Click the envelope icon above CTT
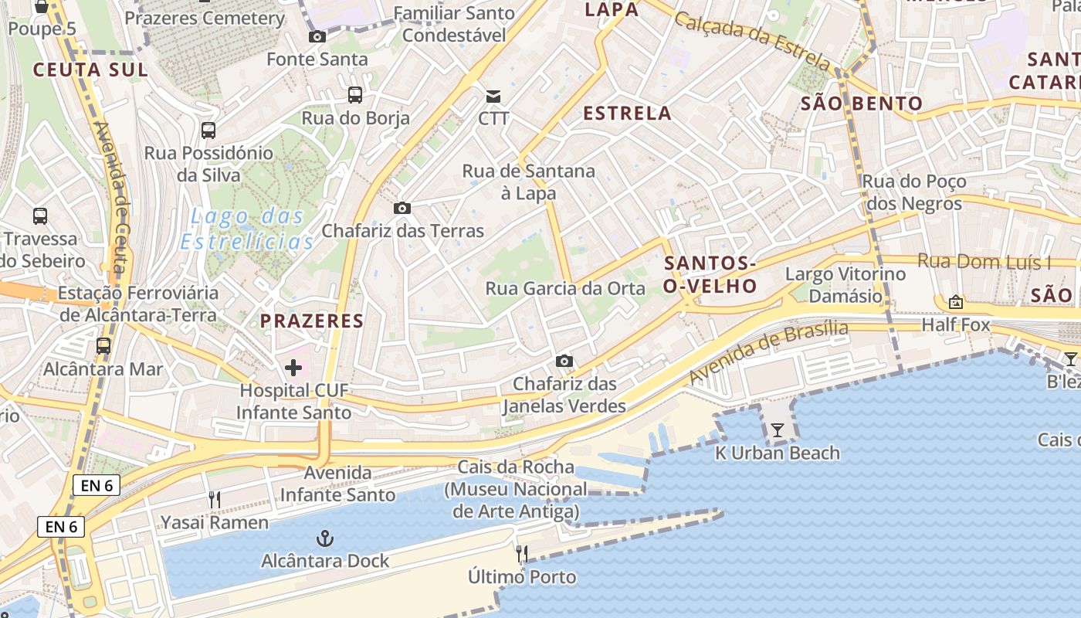click(x=493, y=97)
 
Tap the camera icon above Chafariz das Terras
click(x=402, y=208)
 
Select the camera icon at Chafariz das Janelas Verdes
click(x=564, y=361)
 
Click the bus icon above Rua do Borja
click(x=355, y=95)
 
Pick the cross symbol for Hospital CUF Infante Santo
click(x=293, y=368)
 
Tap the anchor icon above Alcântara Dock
click(x=325, y=538)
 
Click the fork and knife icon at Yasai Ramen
click(x=215, y=500)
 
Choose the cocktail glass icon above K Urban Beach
click(x=778, y=430)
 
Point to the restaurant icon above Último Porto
click(x=522, y=554)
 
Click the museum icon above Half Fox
click(x=956, y=302)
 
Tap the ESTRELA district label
click(x=627, y=114)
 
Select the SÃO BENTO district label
click(x=861, y=104)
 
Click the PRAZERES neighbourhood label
click(x=312, y=321)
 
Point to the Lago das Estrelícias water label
click(x=247, y=229)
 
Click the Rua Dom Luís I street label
click(x=984, y=262)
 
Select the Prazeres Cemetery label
click(x=205, y=18)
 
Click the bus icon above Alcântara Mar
click(x=103, y=346)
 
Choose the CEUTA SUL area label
click(x=90, y=70)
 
